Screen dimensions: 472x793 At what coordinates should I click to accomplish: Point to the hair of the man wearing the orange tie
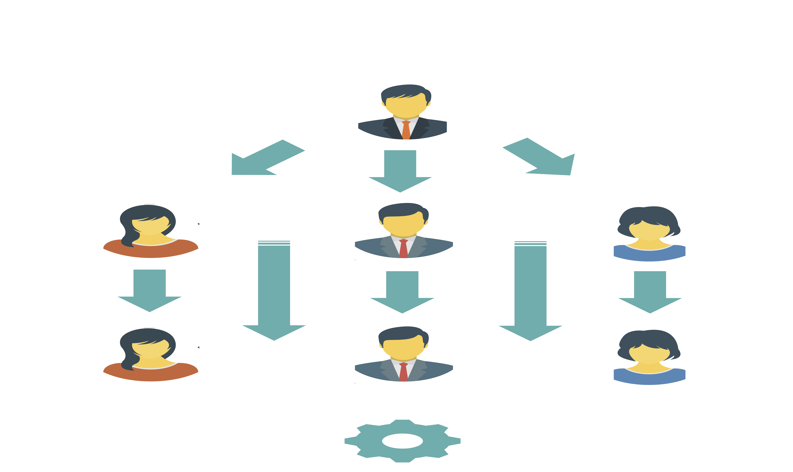tap(404, 90)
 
